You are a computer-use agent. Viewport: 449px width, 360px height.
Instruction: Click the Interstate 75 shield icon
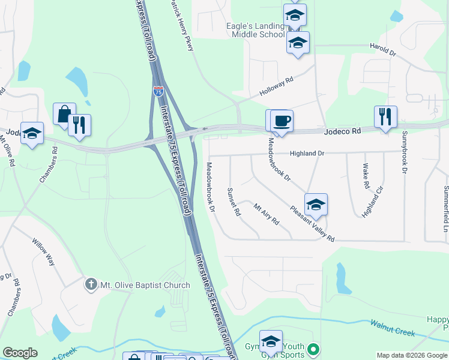[158, 91]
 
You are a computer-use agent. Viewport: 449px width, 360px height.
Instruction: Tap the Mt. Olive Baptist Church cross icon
[91, 284]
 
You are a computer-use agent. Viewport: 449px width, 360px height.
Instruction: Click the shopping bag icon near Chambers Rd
[64, 113]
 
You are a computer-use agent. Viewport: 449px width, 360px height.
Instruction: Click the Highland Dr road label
[307, 154]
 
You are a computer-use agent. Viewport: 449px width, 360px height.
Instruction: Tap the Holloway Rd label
[276, 88]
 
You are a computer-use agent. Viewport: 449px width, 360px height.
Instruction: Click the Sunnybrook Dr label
[405, 152]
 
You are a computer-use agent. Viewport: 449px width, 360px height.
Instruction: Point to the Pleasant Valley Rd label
[312, 224]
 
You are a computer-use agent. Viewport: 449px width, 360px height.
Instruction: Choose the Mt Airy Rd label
[267, 214]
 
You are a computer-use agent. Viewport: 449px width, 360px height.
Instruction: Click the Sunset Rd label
[234, 202]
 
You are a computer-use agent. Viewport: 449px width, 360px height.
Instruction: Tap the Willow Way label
[43, 253]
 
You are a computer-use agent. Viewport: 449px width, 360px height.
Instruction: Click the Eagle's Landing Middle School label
[255, 30]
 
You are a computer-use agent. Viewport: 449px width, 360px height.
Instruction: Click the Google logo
[20, 353]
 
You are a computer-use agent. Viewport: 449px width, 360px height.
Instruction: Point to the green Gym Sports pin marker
[312, 349]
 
